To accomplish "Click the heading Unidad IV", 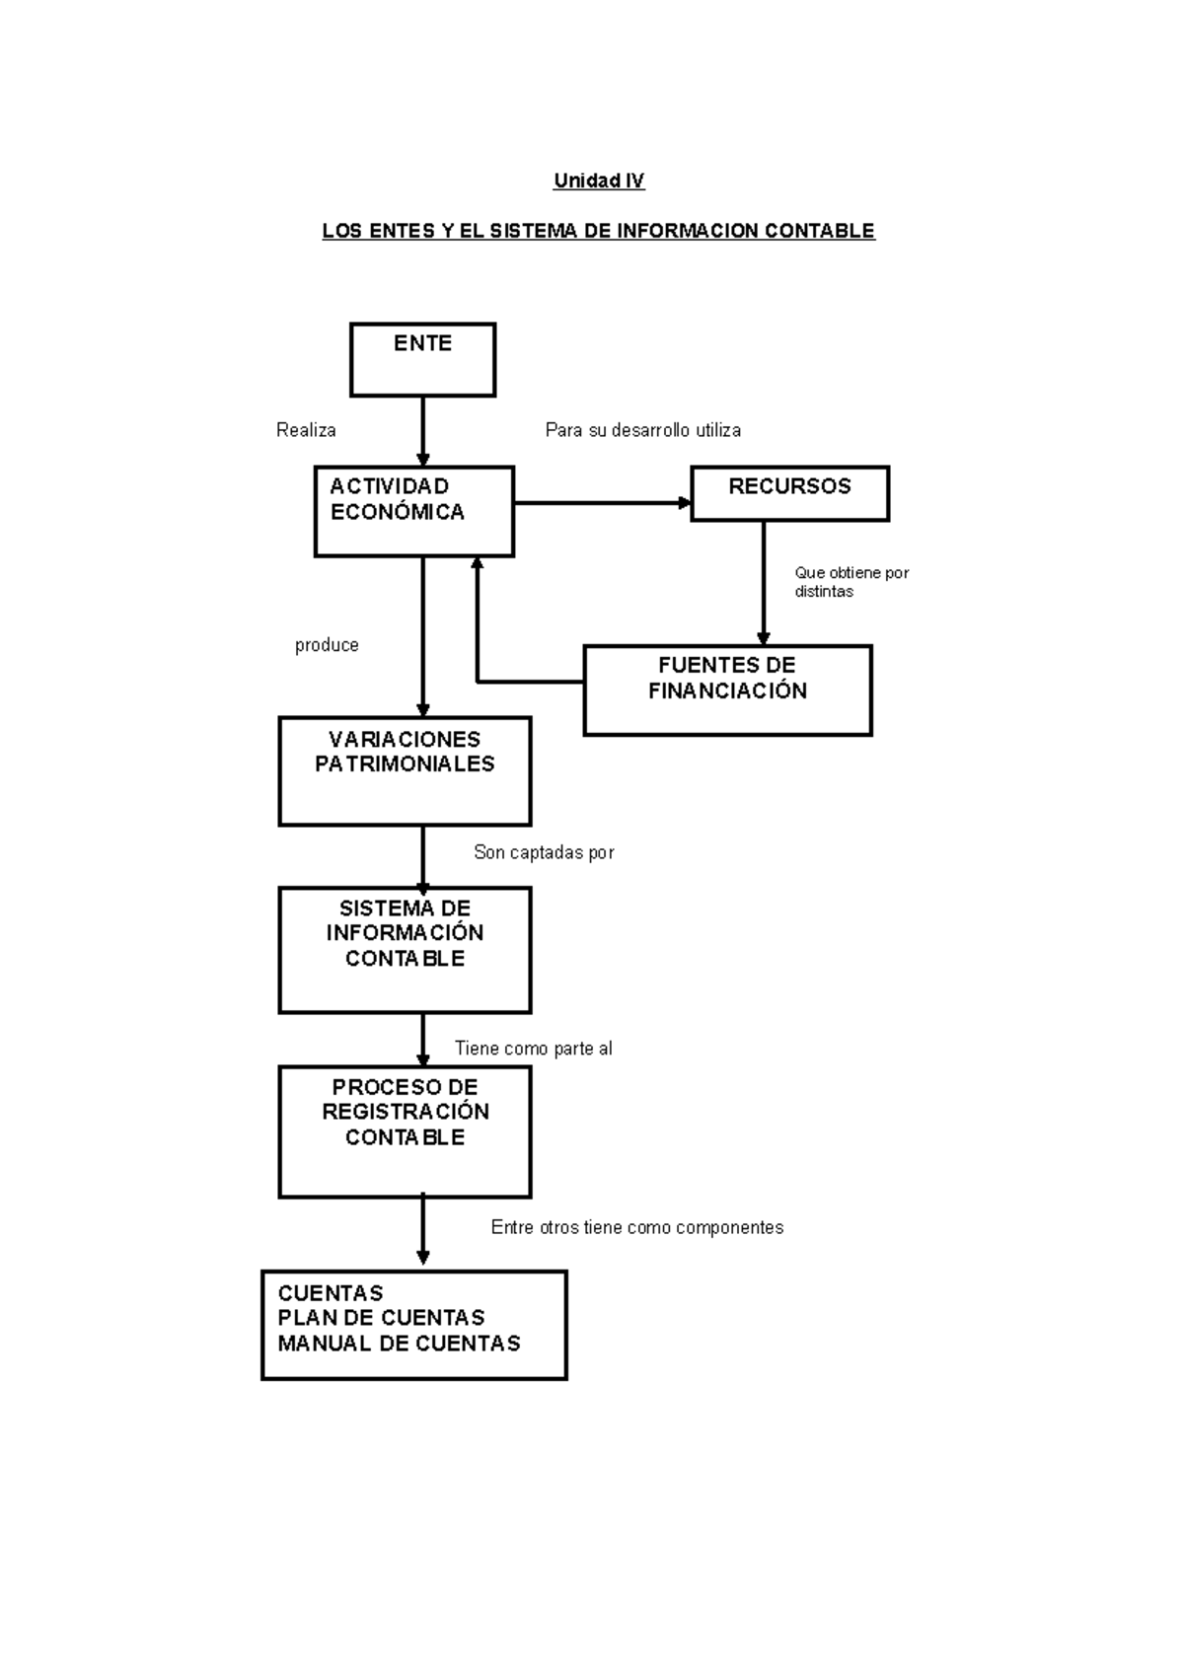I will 598,181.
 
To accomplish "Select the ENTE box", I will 422,360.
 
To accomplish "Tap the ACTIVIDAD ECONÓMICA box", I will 413,511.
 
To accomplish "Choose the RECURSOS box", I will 789,493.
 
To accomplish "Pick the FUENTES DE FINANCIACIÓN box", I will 727,690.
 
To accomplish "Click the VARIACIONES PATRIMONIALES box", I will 405,770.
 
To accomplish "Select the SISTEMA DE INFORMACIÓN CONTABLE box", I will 405,949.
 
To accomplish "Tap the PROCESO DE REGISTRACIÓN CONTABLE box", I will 405,1130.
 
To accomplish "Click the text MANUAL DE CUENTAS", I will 399,1344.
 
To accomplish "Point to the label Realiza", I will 306,430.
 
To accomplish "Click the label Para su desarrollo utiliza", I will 642,430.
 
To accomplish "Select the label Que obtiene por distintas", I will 851,582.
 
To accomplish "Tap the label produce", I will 327,645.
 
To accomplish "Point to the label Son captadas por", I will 544,852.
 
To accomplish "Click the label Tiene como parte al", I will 533,1049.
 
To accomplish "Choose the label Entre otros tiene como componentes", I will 636,1227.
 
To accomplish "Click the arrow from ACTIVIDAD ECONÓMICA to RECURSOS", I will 602,503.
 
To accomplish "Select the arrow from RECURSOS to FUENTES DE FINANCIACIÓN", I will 763,582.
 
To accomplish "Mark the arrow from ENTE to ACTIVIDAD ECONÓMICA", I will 423,430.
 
